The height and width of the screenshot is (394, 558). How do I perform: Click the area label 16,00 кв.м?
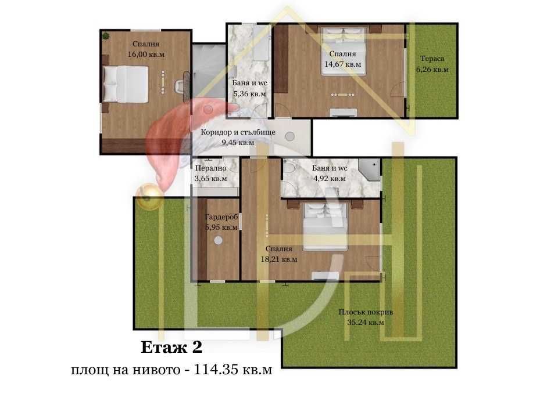146,55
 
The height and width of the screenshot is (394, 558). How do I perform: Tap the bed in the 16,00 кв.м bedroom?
126,84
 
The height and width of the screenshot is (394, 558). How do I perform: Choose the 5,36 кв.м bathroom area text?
249,93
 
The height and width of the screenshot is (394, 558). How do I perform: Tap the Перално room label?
210,168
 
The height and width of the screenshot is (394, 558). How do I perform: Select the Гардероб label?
221,216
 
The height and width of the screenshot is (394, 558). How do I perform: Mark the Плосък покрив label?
366,312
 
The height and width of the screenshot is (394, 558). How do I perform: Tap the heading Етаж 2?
171,348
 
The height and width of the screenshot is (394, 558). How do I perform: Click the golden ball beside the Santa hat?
146,195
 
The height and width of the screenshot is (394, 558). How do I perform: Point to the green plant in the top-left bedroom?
106,36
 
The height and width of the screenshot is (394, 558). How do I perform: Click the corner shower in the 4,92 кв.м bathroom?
370,169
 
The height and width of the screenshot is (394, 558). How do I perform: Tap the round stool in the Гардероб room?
219,241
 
